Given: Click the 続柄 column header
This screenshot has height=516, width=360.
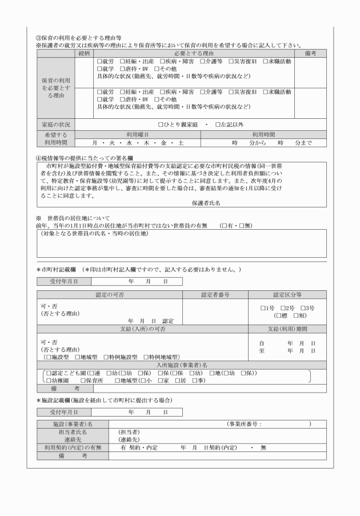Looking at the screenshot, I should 83,53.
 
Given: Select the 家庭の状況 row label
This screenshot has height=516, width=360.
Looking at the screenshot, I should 56,124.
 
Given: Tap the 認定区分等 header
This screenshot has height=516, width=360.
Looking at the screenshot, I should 287,295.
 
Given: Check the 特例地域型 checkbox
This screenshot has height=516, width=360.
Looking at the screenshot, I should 146,357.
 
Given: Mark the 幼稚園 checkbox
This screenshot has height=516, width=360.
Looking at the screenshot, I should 47,380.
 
